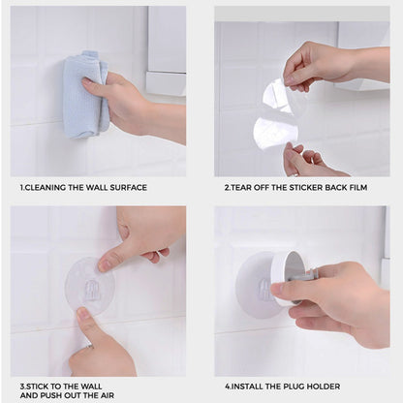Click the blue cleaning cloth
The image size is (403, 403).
click(84, 94)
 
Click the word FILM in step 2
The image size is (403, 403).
click(358, 188)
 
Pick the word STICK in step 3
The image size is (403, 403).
click(37, 387)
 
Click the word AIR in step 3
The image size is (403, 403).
click(107, 395)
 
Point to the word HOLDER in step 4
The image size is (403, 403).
click(324, 387)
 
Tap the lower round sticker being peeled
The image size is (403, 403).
click(275, 133)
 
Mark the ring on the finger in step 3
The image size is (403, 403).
click(88, 347)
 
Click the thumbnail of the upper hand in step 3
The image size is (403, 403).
click(104, 265)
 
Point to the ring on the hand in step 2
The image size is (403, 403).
click(295, 174)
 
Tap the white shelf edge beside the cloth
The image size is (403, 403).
click(166, 84)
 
